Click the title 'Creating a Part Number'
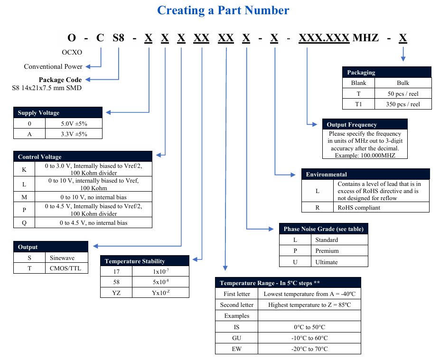pyautogui.click(x=223, y=10)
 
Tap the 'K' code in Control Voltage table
pyautogui.click(x=24, y=169)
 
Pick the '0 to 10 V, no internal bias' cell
pyautogui.click(x=94, y=197)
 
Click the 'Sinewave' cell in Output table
pyautogui.click(x=62, y=258)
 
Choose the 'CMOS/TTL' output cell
pyautogui.click(x=66, y=268)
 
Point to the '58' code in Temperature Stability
pyautogui.click(x=117, y=282)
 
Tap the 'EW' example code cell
pyautogui.click(x=236, y=349)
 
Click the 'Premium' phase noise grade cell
pyautogui.click(x=327, y=250)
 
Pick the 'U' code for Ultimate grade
pyautogui.click(x=295, y=262)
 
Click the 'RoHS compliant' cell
pyautogui.click(x=359, y=207)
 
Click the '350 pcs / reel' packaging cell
pyautogui.click(x=403, y=104)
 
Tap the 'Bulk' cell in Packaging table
pyautogui.click(x=403, y=83)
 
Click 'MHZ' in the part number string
pyautogui.click(x=365, y=37)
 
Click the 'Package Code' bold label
pyautogui.click(x=60, y=80)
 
